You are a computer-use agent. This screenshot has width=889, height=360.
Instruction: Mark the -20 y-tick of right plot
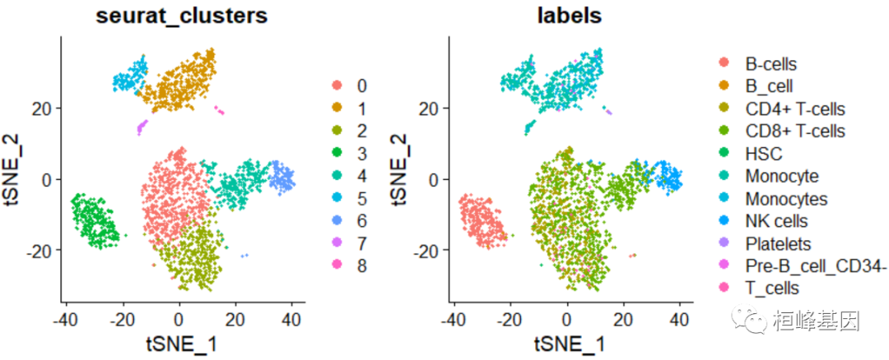coord(431,250)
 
